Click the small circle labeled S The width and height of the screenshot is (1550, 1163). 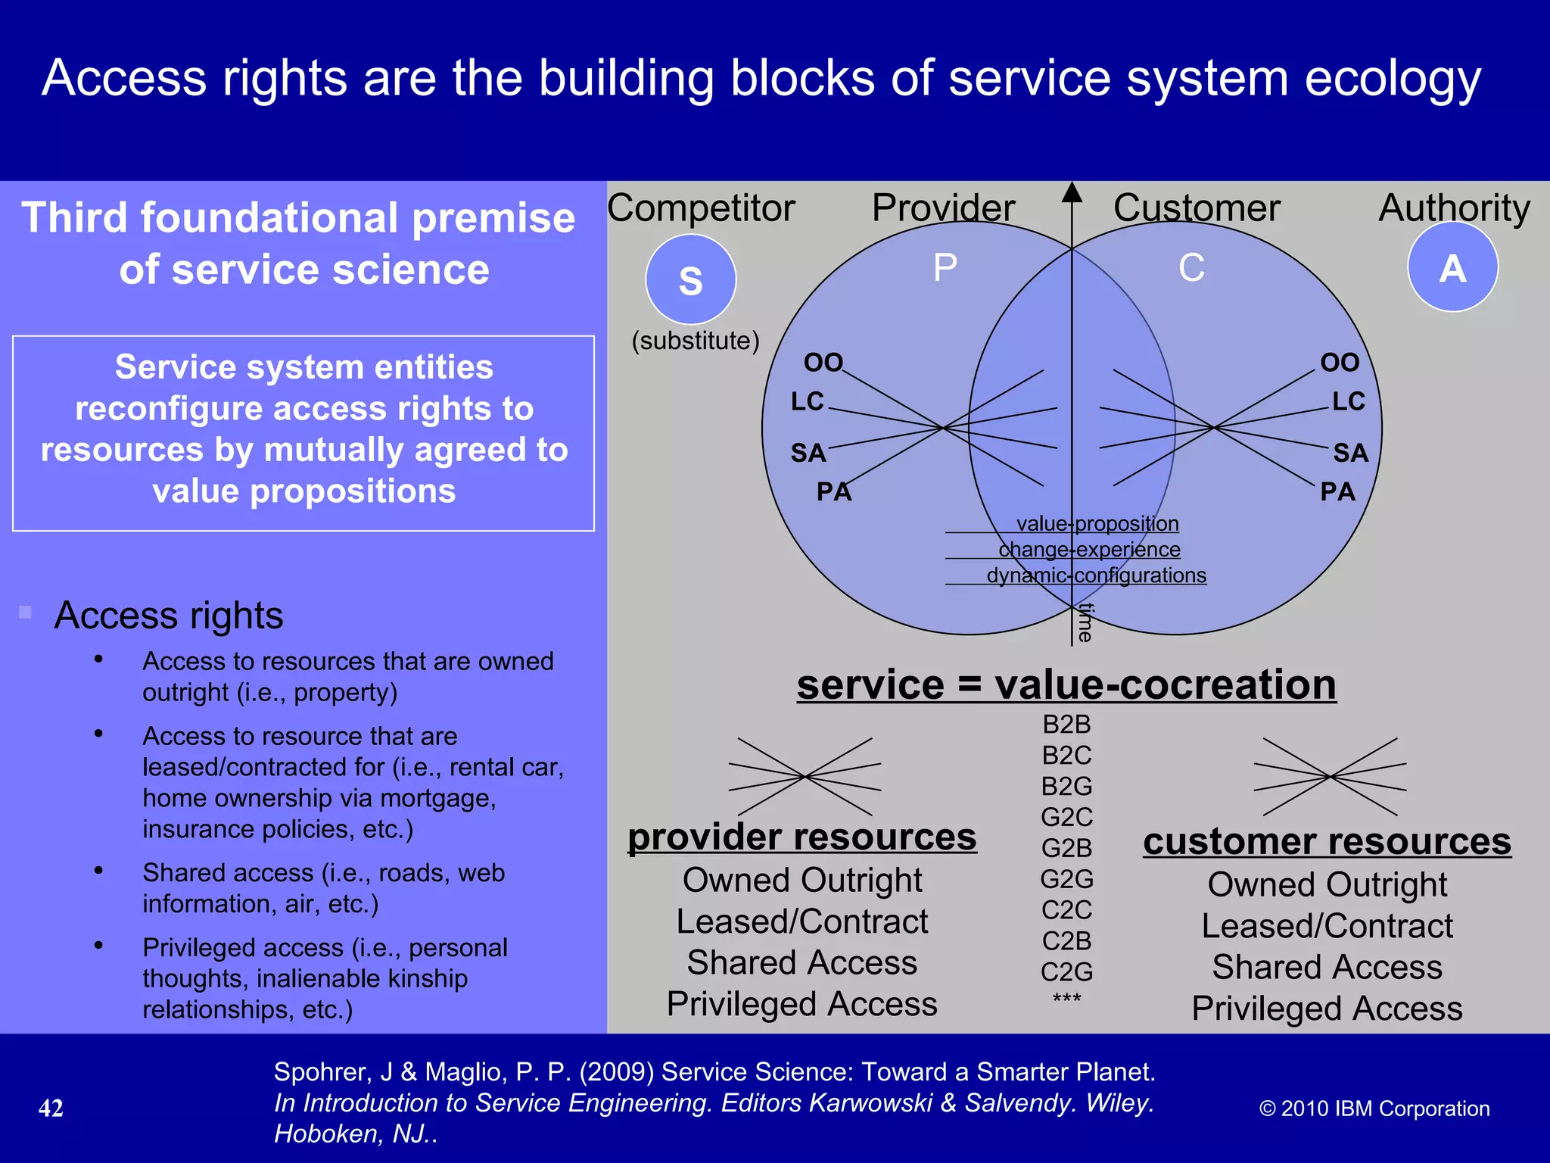pos(690,279)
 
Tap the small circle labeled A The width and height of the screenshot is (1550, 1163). pos(1452,267)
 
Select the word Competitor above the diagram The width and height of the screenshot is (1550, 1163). pos(701,208)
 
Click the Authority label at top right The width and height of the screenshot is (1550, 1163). pos(1454,208)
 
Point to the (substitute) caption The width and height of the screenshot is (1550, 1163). pos(696,341)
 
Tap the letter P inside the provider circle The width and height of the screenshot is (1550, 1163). pos(945,267)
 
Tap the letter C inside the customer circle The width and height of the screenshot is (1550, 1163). pos(1191,267)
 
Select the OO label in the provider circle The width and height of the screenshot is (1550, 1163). pos(823,363)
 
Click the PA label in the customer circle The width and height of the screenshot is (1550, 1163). pos(1337,492)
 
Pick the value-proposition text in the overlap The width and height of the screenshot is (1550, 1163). pos(1097,524)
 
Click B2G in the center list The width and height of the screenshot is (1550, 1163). pos(1066,787)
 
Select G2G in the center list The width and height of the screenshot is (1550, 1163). pos(1066,879)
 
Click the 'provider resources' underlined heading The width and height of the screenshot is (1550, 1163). pos(802,837)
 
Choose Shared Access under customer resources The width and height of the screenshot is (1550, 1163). pos(1327,968)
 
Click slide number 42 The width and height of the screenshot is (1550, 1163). pos(51,1108)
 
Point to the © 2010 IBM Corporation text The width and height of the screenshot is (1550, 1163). pos(1374,1108)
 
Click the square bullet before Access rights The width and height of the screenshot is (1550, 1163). pos(26,612)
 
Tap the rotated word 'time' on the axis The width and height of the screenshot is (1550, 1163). pos(1085,622)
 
